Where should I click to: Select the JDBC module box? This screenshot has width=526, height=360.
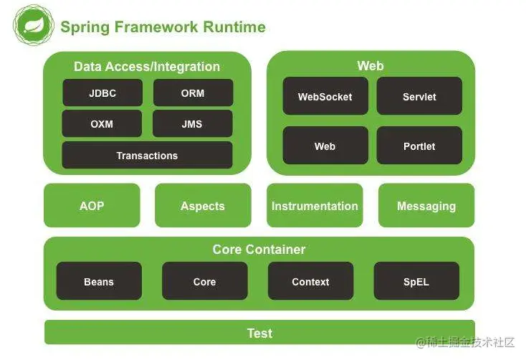pos(102,93)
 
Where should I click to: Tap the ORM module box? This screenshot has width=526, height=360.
pos(192,93)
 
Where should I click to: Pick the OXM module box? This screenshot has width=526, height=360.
pos(102,124)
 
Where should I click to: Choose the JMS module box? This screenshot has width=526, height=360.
pos(192,124)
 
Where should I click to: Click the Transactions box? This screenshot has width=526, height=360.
pos(147,156)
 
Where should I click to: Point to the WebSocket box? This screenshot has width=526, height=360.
pos(325,96)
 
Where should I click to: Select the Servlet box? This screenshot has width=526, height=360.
pos(419,96)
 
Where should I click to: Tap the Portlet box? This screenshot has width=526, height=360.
pos(419,146)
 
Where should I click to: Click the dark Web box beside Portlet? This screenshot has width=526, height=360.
pos(325,146)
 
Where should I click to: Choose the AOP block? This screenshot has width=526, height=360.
pos(92,206)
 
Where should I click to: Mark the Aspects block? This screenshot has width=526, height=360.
pos(203,206)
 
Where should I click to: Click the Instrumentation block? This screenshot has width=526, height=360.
pos(315,206)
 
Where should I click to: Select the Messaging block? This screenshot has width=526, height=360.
pos(426,206)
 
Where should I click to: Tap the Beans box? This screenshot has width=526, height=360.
pos(99,282)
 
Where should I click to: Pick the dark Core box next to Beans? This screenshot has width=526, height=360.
pos(204,282)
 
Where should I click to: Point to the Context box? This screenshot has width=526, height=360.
pos(310,282)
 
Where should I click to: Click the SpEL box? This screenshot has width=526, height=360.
pos(416,282)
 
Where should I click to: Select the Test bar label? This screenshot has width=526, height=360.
pos(259,333)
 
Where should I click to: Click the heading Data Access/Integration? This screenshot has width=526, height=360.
pos(147,67)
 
